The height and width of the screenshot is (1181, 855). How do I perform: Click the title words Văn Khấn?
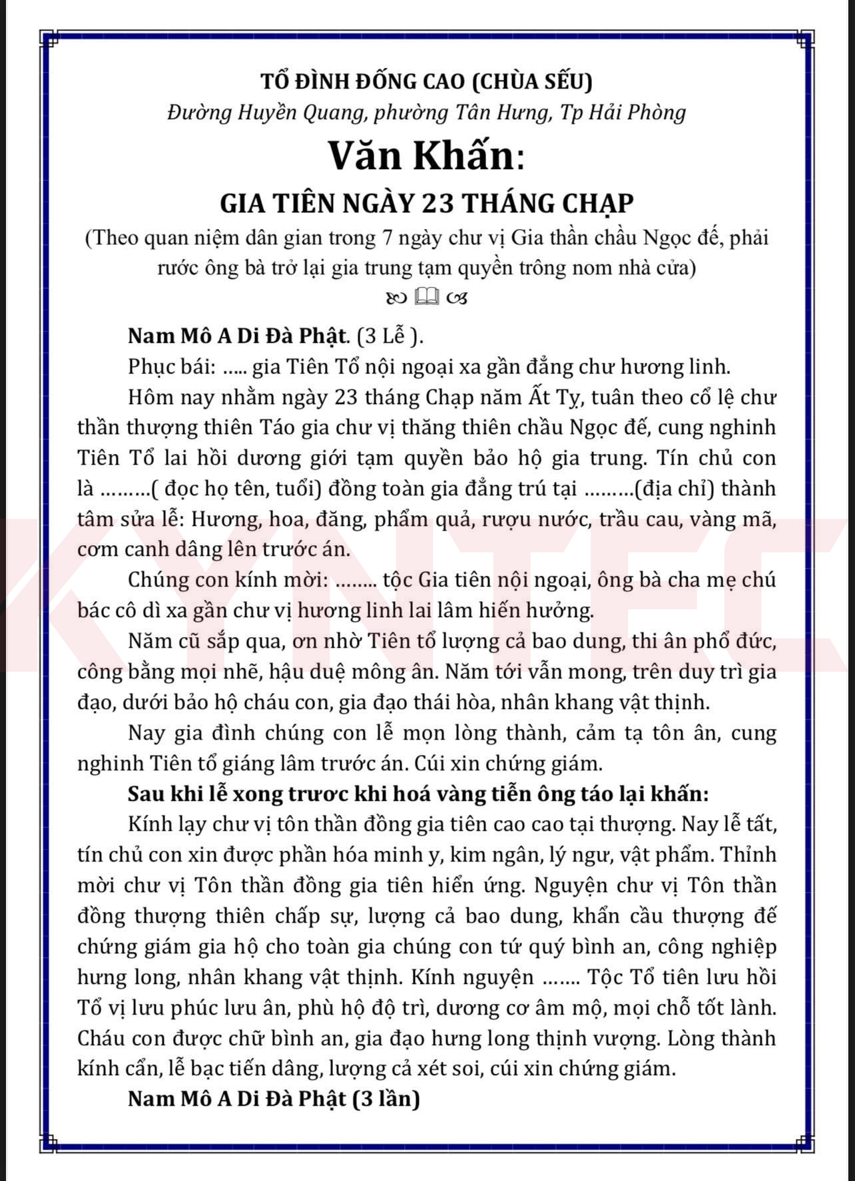click(422, 156)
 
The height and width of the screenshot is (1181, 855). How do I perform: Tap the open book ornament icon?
click(427, 297)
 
